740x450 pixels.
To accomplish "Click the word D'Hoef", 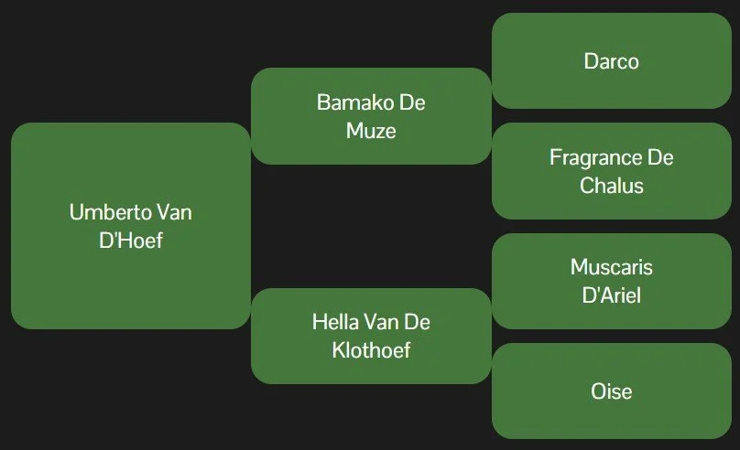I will pyautogui.click(x=130, y=241).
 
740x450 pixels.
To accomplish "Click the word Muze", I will pyautogui.click(x=371, y=130).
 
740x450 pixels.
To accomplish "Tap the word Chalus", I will pyautogui.click(x=611, y=186).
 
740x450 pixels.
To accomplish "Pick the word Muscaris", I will pyautogui.click(x=611, y=267).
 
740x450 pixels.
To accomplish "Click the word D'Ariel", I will pyautogui.click(x=611, y=295).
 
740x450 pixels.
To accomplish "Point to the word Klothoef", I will pyautogui.click(x=371, y=350).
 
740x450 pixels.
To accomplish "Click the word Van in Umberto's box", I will pyautogui.click(x=174, y=212).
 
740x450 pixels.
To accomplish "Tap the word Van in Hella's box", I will pyautogui.click(x=381, y=322).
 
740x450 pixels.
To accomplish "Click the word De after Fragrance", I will pyautogui.click(x=660, y=157).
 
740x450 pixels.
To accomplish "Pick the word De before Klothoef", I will pyautogui.click(x=418, y=322).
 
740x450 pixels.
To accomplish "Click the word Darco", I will pyautogui.click(x=611, y=61).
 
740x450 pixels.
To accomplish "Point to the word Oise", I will pyautogui.click(x=611, y=391).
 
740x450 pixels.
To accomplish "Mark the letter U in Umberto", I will pyautogui.click(x=76, y=212).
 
